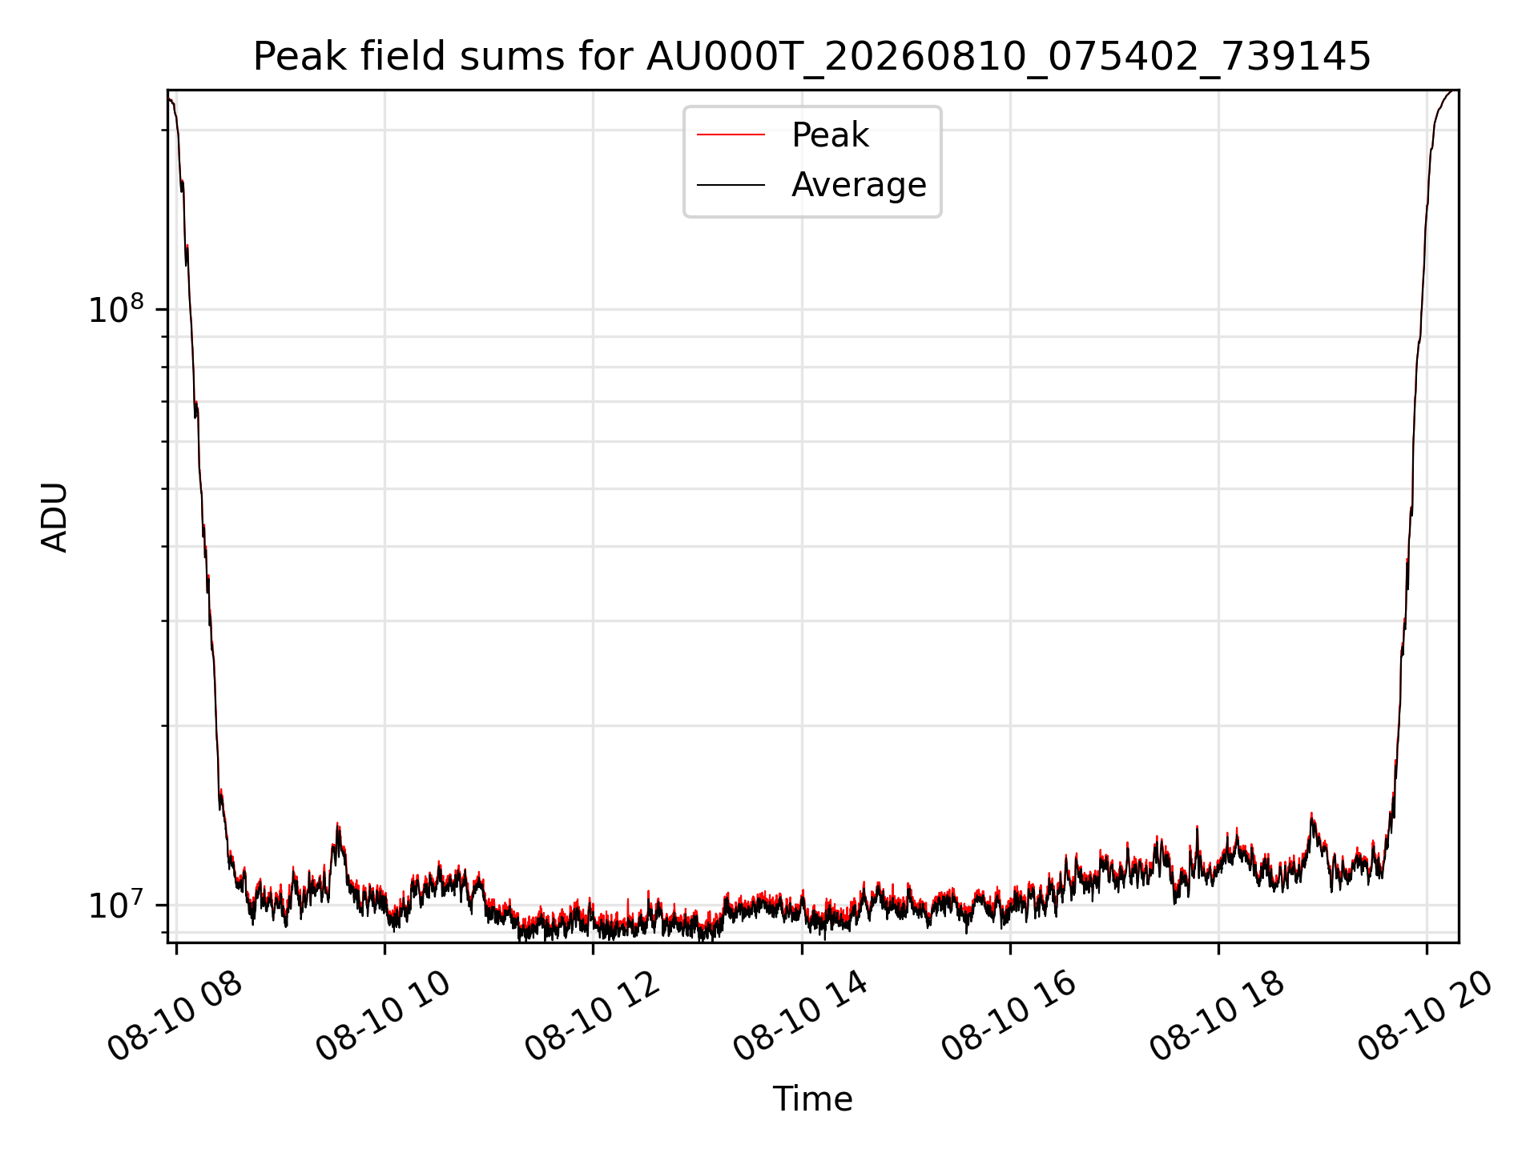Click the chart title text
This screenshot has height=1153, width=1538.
(x=812, y=57)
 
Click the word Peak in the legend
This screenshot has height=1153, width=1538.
(x=830, y=135)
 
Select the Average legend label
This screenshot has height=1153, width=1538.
(x=859, y=185)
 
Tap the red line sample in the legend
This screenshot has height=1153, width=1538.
(x=731, y=135)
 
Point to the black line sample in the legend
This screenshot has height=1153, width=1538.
(x=731, y=185)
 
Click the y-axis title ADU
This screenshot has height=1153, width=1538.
(x=54, y=516)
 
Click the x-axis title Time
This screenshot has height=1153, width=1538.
(x=812, y=1099)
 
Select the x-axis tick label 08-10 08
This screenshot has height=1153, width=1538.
(x=176, y=1017)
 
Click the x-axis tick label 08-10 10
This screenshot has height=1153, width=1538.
(x=384, y=1017)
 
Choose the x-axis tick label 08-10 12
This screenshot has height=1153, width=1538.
(x=594, y=1017)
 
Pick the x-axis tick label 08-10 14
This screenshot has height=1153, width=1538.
(x=802, y=1017)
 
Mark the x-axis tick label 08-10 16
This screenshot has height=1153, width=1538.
(x=1010, y=1017)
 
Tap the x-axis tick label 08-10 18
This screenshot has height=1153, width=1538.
(x=1218, y=1017)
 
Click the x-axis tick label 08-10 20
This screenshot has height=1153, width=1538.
(x=1427, y=1017)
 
